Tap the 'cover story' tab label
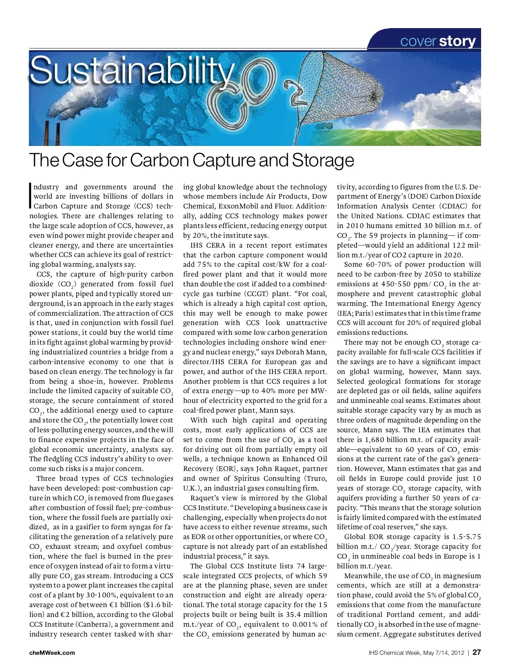click(x=438, y=41)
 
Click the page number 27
click(x=476, y=652)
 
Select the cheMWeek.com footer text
click(x=52, y=653)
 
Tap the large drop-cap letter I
click(x=31, y=196)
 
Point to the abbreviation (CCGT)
click(x=259, y=294)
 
